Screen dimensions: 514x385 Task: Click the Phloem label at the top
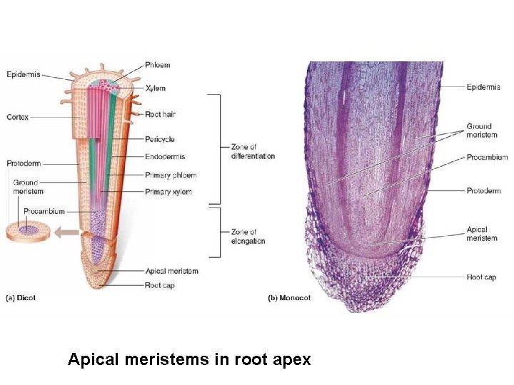[x=158, y=65]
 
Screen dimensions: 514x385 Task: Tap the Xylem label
[x=155, y=88]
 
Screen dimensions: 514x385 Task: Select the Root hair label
[x=160, y=114]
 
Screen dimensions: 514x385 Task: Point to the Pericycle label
[x=160, y=140]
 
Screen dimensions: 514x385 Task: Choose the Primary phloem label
[x=171, y=175]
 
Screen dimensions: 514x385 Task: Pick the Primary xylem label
[x=168, y=192]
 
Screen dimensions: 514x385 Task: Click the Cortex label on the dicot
[x=18, y=117]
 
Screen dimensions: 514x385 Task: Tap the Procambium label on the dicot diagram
[x=44, y=211]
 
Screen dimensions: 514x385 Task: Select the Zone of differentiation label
[x=253, y=152]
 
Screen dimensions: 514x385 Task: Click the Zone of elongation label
[x=248, y=237]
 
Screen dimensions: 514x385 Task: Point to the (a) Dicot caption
[x=21, y=298]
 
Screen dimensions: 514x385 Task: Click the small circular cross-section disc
[x=29, y=231]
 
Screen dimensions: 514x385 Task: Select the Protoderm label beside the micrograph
[x=483, y=190]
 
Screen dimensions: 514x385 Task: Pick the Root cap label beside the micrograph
[x=481, y=277]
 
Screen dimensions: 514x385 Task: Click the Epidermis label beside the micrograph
[x=483, y=87]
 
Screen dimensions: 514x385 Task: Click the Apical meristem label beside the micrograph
[x=482, y=234]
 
